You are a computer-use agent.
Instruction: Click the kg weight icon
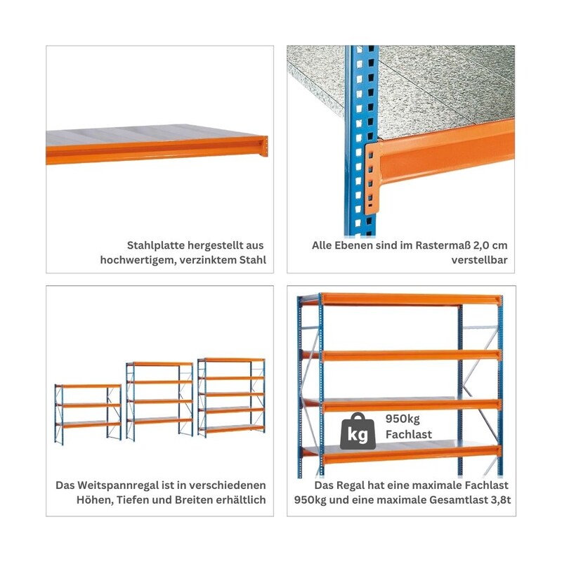click(x=358, y=431)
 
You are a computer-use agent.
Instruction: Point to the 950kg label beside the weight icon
click(x=403, y=419)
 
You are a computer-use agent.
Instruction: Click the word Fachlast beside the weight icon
click(x=409, y=434)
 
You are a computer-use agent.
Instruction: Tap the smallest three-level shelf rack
click(x=88, y=414)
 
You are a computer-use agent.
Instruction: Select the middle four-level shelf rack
click(x=159, y=401)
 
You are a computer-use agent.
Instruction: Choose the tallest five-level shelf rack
click(x=231, y=397)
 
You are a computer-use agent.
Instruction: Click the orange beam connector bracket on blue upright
click(x=372, y=178)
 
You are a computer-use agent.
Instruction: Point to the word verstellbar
click(x=479, y=260)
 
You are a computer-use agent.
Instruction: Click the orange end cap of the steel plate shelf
click(x=265, y=146)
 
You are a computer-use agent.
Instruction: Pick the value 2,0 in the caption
click(x=481, y=245)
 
